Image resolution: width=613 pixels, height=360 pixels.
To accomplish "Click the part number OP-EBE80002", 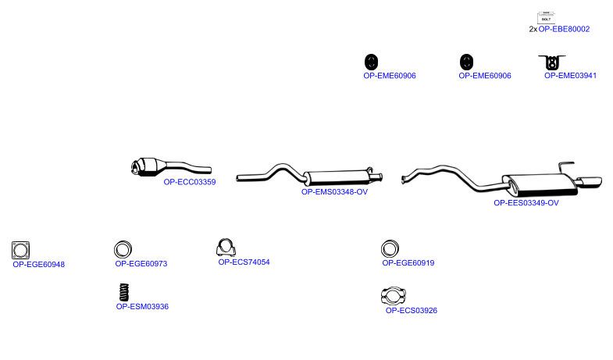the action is [x=564, y=29].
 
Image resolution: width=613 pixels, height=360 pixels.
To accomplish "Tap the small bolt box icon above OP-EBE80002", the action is [x=546, y=18].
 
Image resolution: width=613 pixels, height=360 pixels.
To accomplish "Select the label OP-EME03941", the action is [x=570, y=76].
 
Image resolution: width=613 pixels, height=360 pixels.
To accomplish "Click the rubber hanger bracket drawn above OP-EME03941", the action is [x=552, y=62].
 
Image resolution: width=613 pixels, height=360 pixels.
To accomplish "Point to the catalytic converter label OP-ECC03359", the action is [x=190, y=182].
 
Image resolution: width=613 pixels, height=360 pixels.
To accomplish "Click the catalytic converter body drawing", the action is [x=147, y=167].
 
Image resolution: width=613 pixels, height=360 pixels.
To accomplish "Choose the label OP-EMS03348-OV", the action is [x=334, y=192].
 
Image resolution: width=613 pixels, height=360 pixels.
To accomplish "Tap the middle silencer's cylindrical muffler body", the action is [x=337, y=178].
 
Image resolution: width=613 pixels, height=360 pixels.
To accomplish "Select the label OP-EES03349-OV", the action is [x=526, y=203].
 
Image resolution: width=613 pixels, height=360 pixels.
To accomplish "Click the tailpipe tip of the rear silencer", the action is [x=589, y=182].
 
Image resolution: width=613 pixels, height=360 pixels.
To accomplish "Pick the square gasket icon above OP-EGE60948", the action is [x=21, y=250].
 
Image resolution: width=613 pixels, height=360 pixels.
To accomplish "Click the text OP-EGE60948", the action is [x=39, y=264].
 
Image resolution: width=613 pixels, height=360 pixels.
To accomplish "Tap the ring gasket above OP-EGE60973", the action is [x=123, y=249].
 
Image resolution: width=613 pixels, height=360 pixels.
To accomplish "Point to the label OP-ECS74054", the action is [x=244, y=262].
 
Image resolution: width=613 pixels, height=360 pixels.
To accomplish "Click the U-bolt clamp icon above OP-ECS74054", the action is [x=226, y=247].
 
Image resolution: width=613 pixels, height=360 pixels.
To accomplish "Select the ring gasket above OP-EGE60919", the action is [x=390, y=248].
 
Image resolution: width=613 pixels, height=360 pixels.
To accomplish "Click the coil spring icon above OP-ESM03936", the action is [x=124, y=292].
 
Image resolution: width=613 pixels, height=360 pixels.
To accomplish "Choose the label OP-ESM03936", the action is [x=142, y=306].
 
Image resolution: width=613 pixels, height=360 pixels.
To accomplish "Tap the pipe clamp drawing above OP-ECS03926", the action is [x=394, y=295].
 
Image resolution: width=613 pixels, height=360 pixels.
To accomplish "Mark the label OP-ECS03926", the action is [x=412, y=310].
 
